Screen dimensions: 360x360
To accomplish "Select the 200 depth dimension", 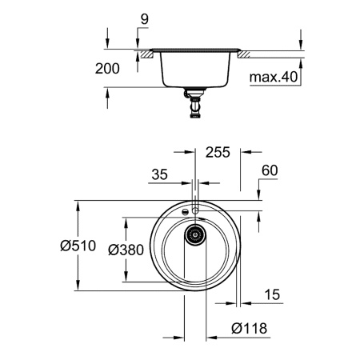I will tap(109, 69).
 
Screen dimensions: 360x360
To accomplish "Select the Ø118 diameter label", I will tap(247, 327).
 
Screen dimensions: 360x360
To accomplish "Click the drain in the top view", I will tap(194, 234).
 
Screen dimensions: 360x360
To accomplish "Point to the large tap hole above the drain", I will tap(194, 209).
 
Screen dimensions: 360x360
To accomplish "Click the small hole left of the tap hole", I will tap(185, 212).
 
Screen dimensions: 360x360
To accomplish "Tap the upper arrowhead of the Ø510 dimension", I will tap(78, 203).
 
